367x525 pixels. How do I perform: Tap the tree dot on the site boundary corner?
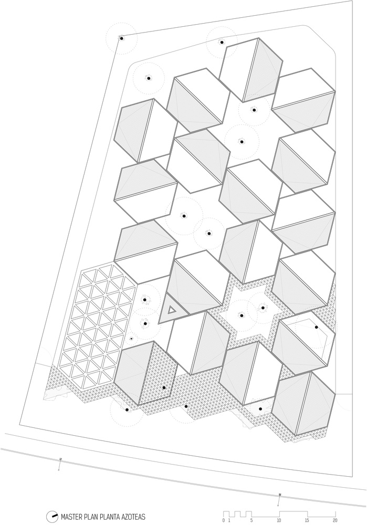click(x=122, y=38)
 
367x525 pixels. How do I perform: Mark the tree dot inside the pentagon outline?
click(x=316, y=327)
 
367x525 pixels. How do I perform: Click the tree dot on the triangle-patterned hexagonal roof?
click(x=164, y=387)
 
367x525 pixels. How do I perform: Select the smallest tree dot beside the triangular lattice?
click(x=131, y=339)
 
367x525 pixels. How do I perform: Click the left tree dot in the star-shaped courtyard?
click(x=242, y=315)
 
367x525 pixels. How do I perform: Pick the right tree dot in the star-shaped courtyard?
click(x=263, y=308)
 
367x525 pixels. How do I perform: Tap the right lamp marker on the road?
click(x=280, y=495)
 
